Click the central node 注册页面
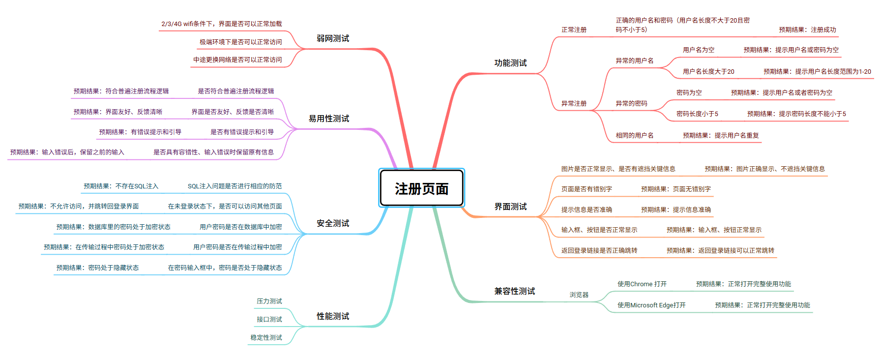421,188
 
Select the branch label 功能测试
510,63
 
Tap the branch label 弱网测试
333,38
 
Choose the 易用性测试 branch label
329,119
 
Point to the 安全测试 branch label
333,223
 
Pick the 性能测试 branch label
333,316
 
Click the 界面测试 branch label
510,207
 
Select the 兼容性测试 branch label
514,291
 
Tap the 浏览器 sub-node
579,295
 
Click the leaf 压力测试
269,301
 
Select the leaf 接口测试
269,319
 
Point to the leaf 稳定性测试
266,337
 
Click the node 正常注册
574,30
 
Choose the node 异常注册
574,103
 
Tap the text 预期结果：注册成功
807,30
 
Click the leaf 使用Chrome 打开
642,284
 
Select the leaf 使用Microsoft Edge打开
651,305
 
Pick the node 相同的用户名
634,135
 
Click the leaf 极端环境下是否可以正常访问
240,42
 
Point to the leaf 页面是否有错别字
587,189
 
